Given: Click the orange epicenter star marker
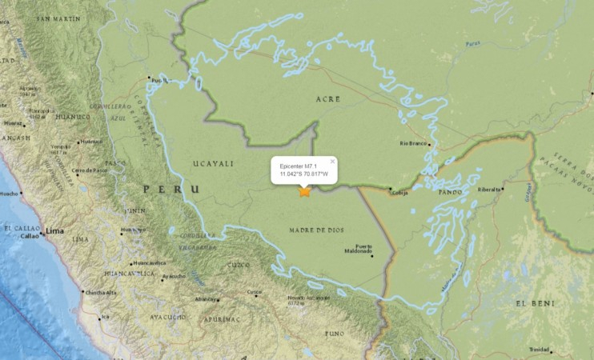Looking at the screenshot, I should (x=304, y=191).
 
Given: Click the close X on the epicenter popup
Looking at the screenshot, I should (x=332, y=161).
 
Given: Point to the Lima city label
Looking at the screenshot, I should (x=55, y=230).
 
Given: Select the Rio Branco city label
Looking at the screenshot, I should (x=414, y=144).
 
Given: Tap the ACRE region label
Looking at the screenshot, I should (x=328, y=98).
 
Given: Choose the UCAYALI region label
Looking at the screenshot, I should (x=213, y=163).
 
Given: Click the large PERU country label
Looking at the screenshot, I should (x=169, y=189).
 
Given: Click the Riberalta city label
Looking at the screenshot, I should (x=488, y=190).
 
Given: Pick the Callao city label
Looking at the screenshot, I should (x=29, y=236).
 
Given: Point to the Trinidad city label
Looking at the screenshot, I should (x=539, y=350).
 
